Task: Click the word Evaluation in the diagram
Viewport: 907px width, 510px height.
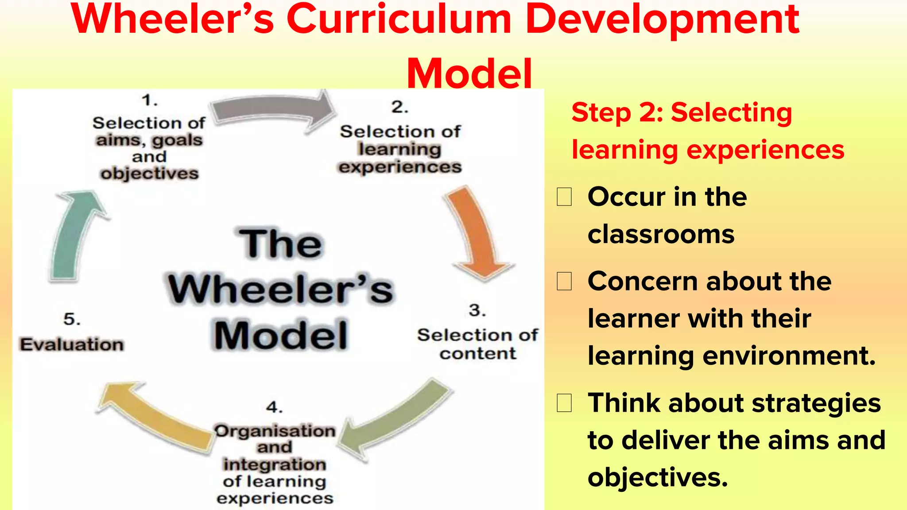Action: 72,344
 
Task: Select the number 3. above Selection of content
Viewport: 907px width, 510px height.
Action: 477,310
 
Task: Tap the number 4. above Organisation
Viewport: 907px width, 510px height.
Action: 275,407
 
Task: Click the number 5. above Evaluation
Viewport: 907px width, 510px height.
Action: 72,319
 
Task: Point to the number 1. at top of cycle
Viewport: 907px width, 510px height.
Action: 150,100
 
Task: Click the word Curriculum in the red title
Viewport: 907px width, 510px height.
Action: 399,20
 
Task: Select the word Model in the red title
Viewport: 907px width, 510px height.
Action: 469,73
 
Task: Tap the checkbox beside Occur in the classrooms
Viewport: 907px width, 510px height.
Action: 564,197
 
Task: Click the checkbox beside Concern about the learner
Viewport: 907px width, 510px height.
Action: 564,281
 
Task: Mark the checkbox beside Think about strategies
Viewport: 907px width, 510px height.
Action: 564,403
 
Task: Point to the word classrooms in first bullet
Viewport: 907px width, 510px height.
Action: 661,234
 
